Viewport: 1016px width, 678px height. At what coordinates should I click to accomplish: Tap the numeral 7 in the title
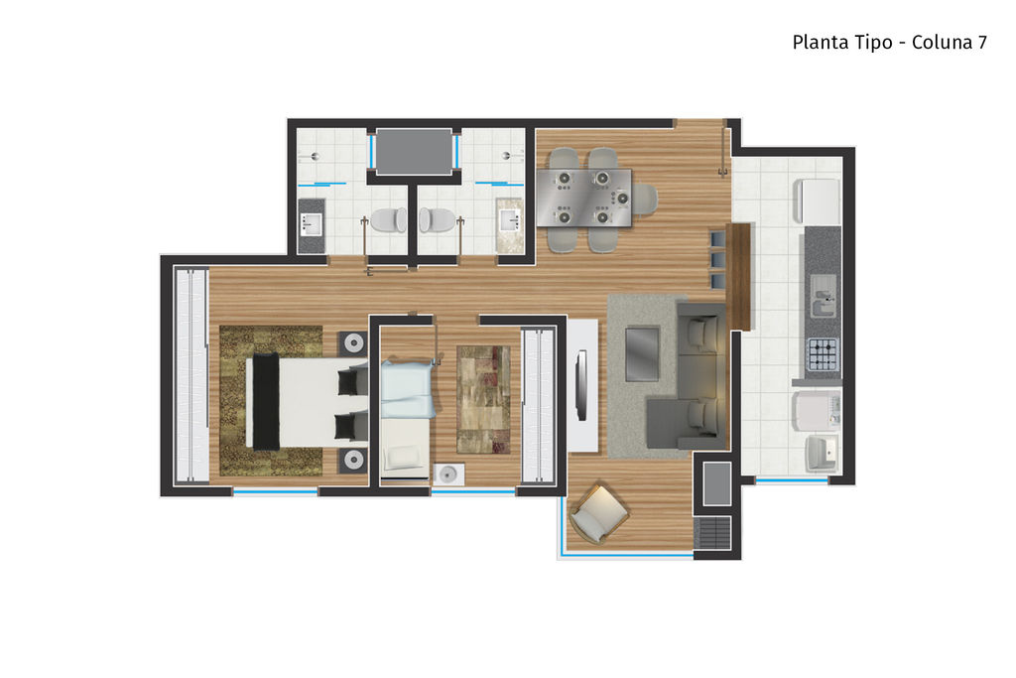click(982, 42)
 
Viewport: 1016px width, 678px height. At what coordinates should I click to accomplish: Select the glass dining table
click(583, 198)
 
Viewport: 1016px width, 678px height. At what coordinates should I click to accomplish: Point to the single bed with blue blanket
click(406, 418)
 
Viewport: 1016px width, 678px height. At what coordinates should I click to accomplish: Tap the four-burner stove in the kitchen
click(823, 354)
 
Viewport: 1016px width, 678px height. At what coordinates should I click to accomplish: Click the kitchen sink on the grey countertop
click(823, 296)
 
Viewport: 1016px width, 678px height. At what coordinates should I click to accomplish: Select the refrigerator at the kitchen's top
click(818, 201)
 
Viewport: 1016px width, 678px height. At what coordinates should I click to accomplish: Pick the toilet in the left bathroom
click(388, 219)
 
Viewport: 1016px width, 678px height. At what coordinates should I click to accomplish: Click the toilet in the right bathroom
click(437, 219)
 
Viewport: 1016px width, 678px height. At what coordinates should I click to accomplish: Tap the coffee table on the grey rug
click(642, 354)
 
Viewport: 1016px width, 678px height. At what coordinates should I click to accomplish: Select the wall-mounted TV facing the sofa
click(581, 385)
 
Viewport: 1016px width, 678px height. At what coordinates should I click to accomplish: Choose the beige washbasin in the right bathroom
click(510, 225)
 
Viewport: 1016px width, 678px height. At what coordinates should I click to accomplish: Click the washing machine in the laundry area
click(818, 412)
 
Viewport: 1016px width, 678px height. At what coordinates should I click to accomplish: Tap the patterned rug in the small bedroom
click(483, 399)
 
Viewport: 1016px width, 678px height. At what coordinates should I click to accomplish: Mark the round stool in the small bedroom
click(449, 475)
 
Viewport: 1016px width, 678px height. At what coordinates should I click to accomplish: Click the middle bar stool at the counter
click(718, 260)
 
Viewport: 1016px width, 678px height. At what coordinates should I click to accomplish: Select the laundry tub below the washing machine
click(821, 454)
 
